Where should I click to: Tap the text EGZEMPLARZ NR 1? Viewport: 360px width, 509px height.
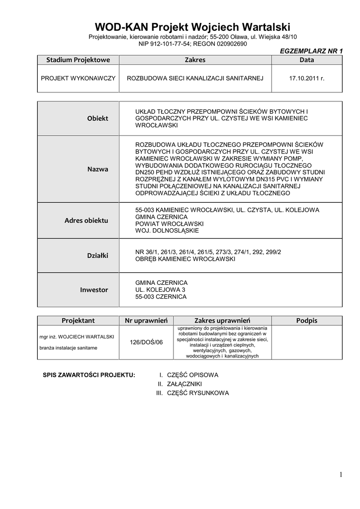312,51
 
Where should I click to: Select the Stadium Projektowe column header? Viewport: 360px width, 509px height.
78,60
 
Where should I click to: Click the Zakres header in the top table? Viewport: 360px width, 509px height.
195,60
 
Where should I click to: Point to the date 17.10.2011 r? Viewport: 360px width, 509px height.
306,79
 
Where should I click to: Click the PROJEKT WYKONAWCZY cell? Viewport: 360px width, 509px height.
78,79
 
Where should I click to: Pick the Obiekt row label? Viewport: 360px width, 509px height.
97,118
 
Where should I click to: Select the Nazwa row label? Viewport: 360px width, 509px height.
97,169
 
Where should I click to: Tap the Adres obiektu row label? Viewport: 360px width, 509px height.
86,220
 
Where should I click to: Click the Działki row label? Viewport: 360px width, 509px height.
97,255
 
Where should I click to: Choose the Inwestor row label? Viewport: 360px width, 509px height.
94,289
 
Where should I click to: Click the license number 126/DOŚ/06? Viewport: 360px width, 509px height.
146,342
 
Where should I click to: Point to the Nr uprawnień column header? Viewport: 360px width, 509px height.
146,321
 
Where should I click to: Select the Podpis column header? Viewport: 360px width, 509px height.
307,321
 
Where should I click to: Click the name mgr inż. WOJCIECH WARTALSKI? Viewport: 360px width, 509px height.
77,337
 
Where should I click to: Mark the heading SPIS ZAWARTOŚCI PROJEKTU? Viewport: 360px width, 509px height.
89,375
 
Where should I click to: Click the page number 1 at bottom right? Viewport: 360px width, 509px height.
341,475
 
